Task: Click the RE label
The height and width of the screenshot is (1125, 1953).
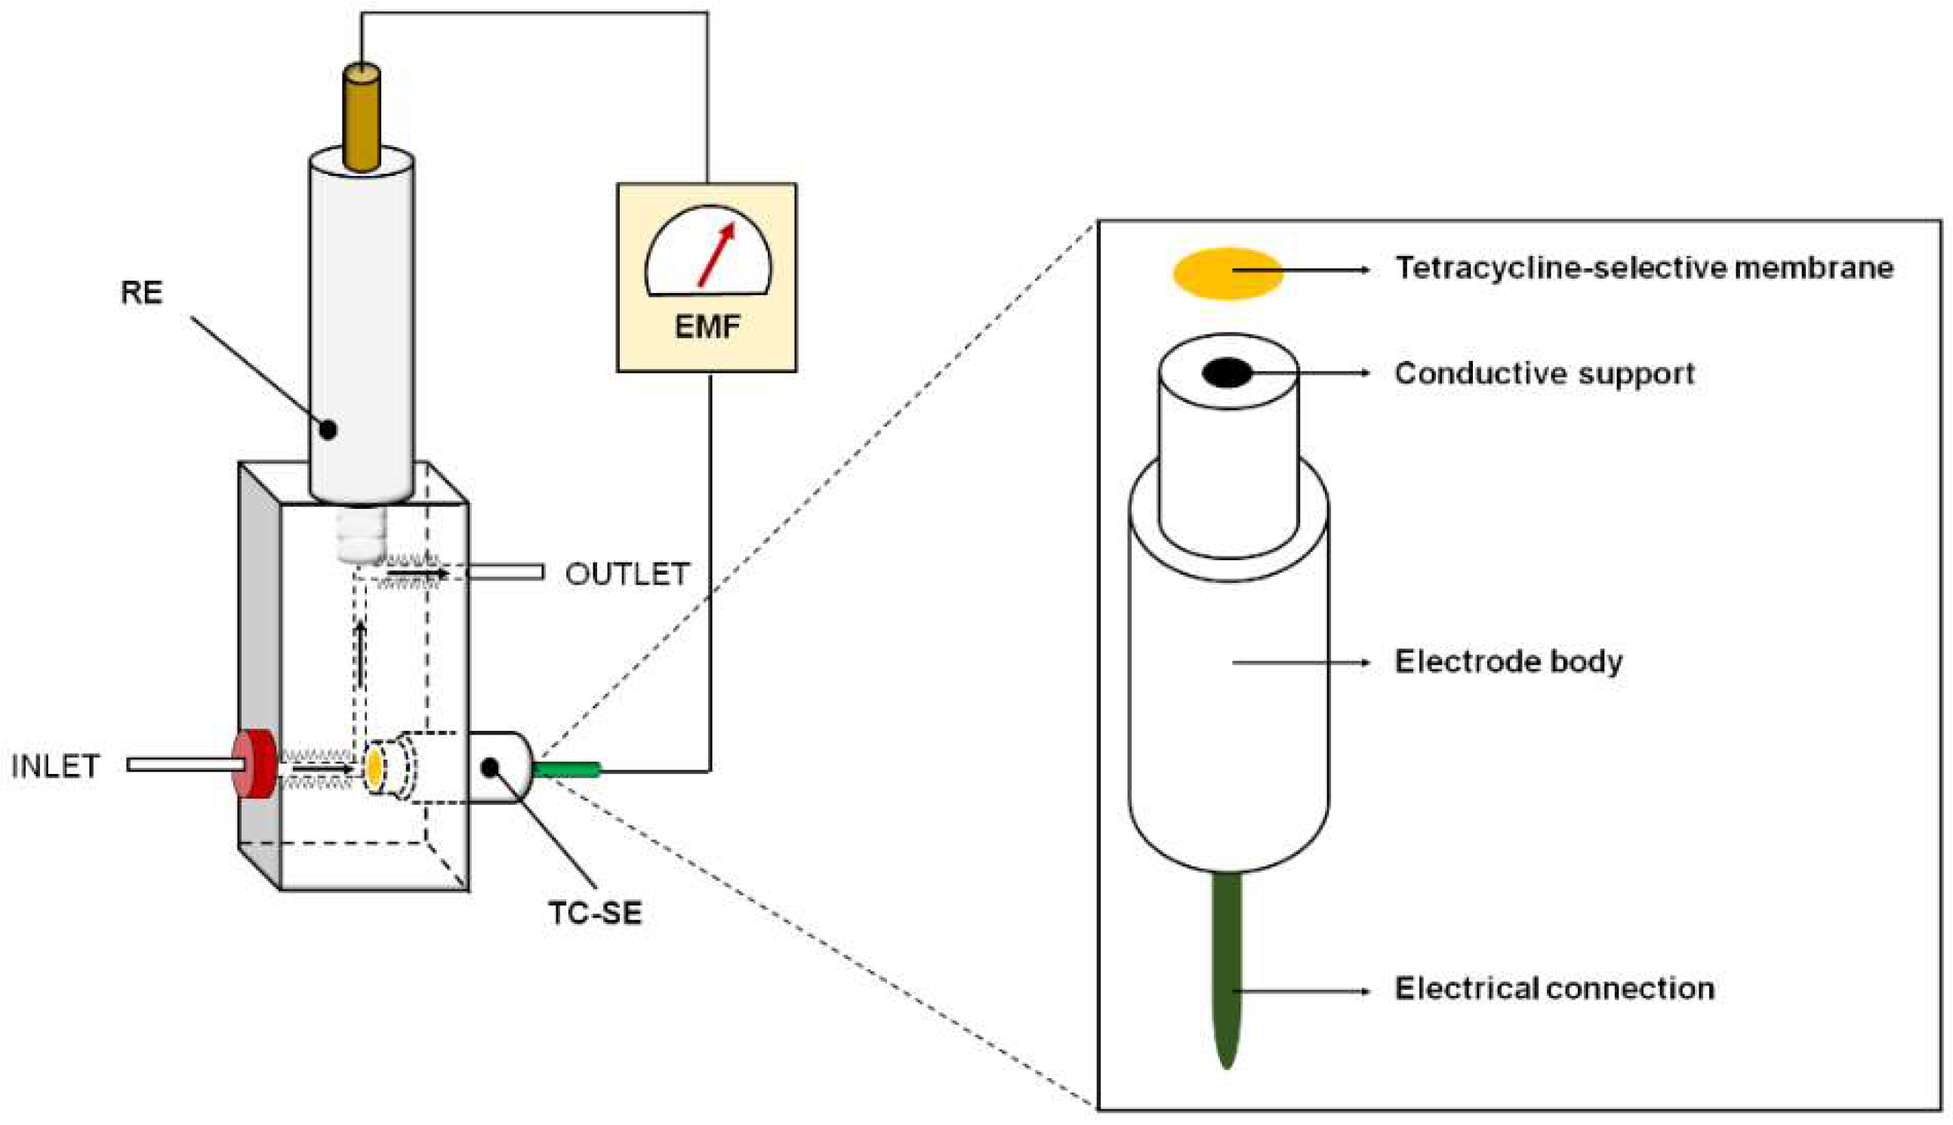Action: pyautogui.click(x=141, y=293)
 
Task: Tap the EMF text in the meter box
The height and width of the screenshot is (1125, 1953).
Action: pyautogui.click(x=707, y=327)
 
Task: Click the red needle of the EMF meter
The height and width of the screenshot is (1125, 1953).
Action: pyautogui.click(x=716, y=255)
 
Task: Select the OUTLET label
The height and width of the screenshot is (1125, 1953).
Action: pyautogui.click(x=627, y=574)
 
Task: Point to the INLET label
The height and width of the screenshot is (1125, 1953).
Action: pyautogui.click(x=55, y=766)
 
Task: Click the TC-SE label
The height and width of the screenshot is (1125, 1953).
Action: pyautogui.click(x=595, y=914)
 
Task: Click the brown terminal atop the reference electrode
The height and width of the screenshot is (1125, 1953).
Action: pyautogui.click(x=362, y=116)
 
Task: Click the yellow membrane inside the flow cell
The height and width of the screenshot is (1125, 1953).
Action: pyautogui.click(x=374, y=767)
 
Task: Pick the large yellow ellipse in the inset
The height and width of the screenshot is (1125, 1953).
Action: pyautogui.click(x=1227, y=273)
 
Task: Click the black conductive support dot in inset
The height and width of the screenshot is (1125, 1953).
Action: pyautogui.click(x=1227, y=373)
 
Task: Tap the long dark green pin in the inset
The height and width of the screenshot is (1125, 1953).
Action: pyautogui.click(x=1227, y=966)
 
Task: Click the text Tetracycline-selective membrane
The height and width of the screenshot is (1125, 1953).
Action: pyautogui.click(x=1644, y=268)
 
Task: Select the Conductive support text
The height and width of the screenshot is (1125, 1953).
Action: pyautogui.click(x=1544, y=373)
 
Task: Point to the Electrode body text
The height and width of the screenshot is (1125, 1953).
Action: pyautogui.click(x=1508, y=661)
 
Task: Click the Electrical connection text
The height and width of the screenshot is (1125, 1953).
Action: pyautogui.click(x=1554, y=988)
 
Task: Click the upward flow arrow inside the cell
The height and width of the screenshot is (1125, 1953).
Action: pyautogui.click(x=360, y=653)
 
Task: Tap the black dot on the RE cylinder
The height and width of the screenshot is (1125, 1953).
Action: pyautogui.click(x=328, y=430)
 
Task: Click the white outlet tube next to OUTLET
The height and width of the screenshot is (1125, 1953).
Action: pyautogui.click(x=506, y=572)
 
